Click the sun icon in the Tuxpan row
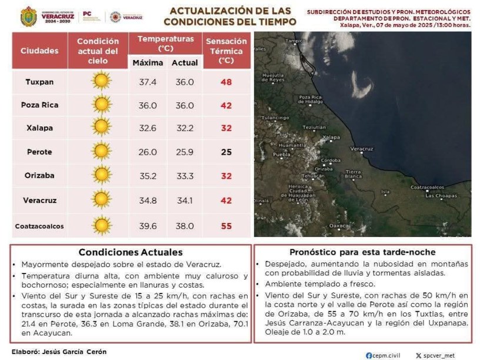point(101,81)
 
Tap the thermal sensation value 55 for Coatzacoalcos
point(226,225)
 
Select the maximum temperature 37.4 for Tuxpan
point(148,81)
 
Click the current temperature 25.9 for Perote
point(185,152)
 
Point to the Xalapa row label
point(39,128)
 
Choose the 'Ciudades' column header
point(39,51)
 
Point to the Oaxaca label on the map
point(339,225)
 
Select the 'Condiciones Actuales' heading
point(131,252)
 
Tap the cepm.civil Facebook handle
point(386,355)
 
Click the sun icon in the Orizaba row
point(101,175)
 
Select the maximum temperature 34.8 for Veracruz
point(148,200)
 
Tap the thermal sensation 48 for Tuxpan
point(226,81)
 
